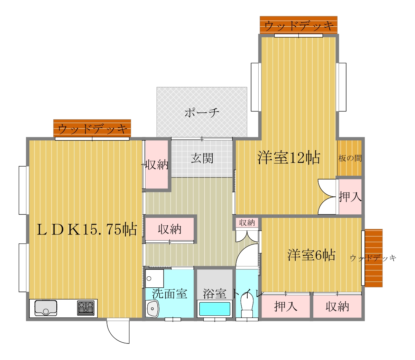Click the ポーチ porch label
(202, 112)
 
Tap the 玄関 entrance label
(202, 158)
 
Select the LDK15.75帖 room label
(86, 229)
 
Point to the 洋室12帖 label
(289, 158)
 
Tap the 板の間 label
(350, 158)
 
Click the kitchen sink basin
(46, 308)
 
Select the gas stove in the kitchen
(86, 308)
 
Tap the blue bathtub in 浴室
(215, 309)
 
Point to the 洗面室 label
(169, 294)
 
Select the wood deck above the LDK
(92, 128)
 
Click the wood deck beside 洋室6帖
(373, 258)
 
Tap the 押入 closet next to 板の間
(350, 196)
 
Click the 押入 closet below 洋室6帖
(285, 306)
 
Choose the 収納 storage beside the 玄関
(157, 164)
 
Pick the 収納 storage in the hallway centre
(169, 229)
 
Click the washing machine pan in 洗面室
(154, 278)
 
